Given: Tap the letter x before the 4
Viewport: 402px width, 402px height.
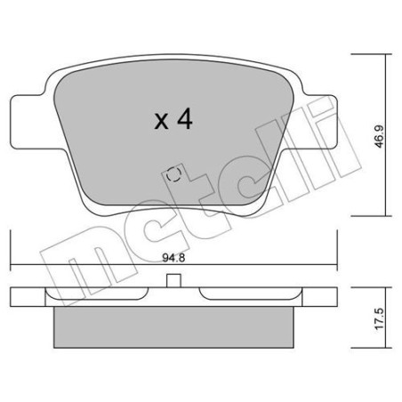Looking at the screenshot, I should pos(161,123).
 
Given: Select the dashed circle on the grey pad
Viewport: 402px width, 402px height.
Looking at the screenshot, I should pos(174,174).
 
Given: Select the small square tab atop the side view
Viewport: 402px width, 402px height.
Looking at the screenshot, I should pos(174,282).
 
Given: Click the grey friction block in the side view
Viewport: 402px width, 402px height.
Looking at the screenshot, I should pos(174,324).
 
